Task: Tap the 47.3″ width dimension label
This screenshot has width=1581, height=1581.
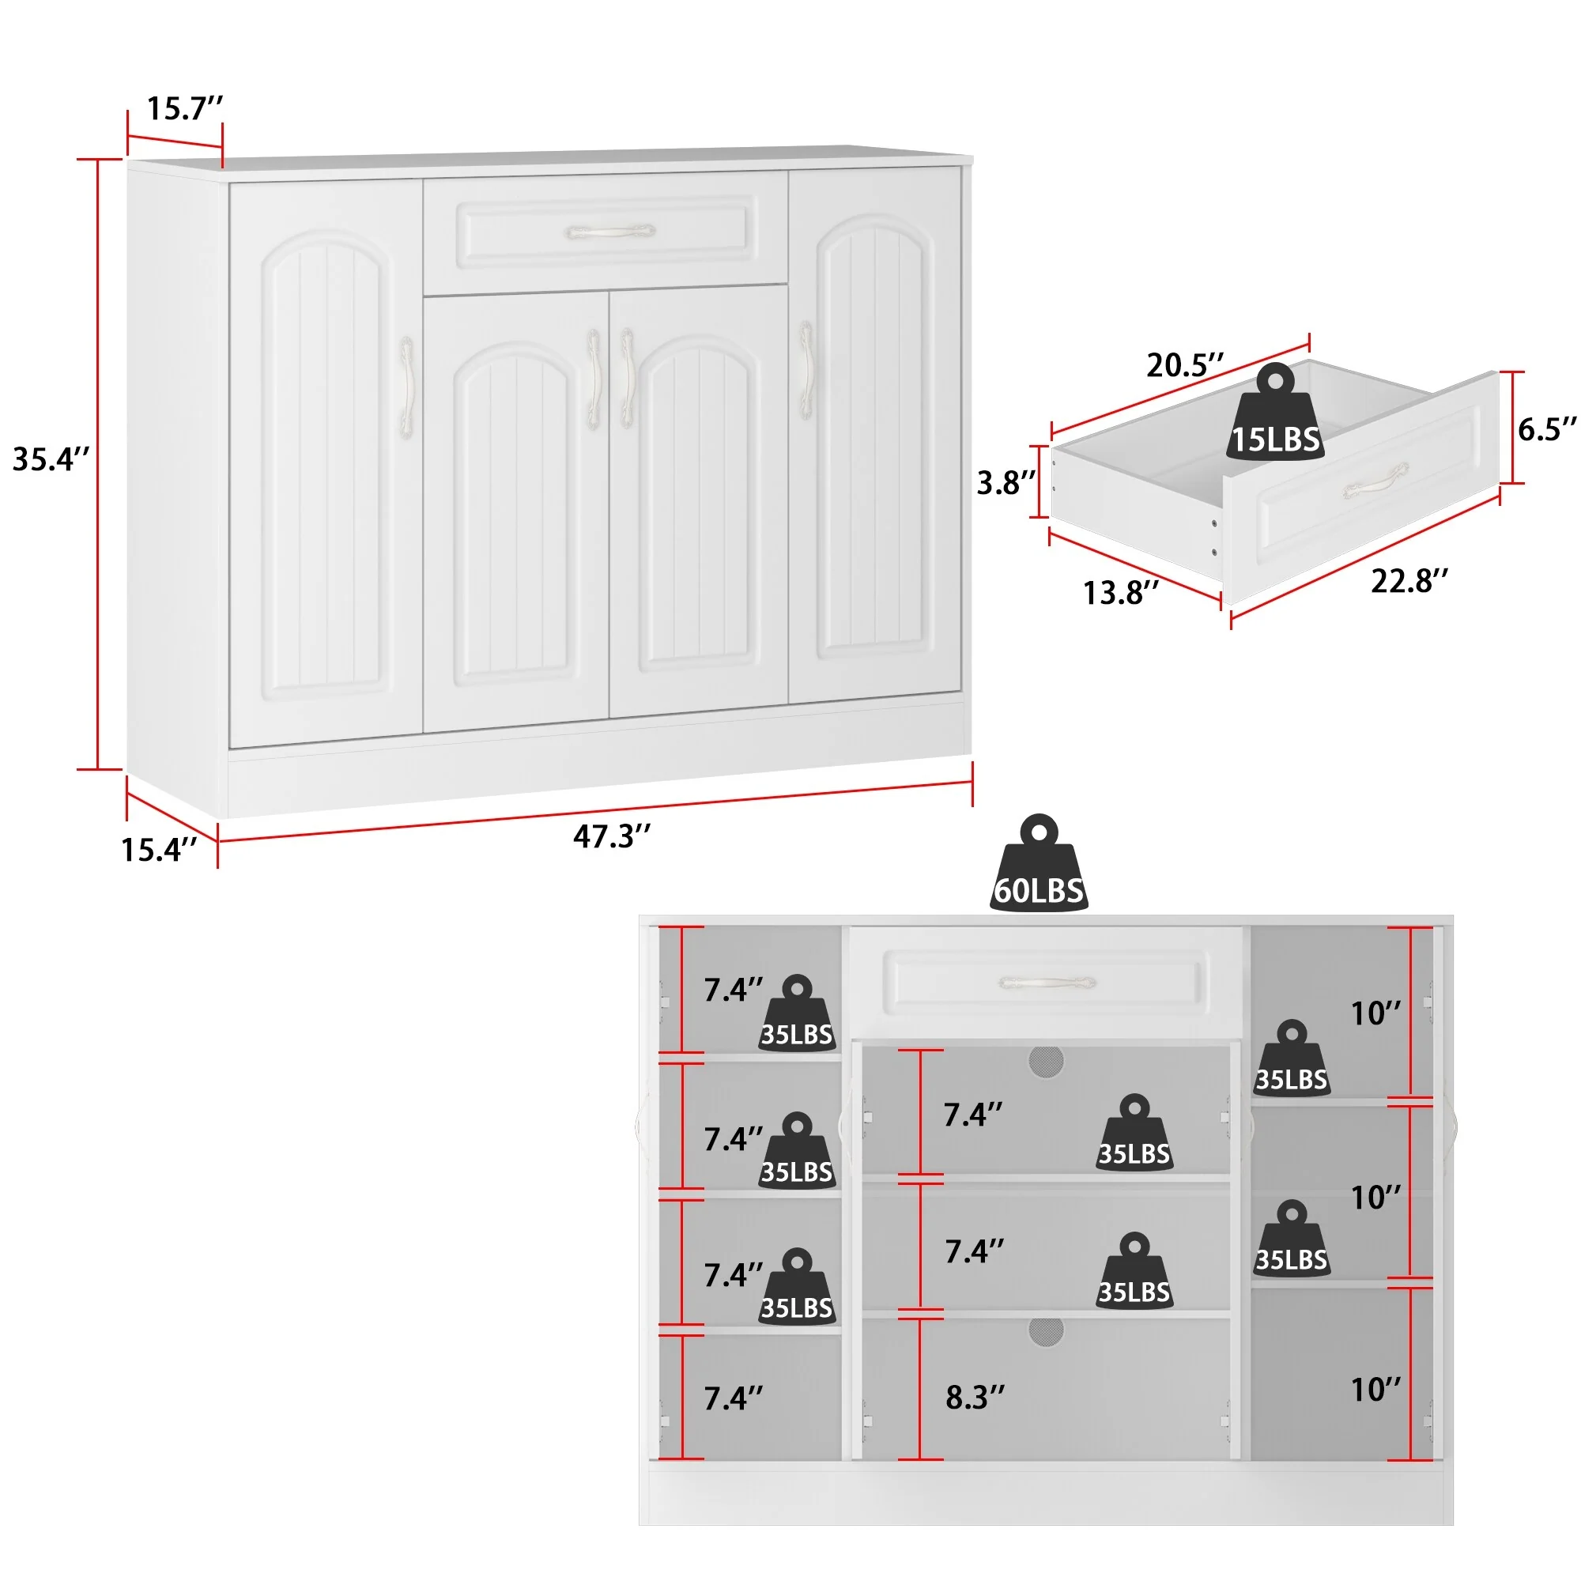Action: coord(612,836)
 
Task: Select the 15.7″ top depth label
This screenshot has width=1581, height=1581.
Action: coord(185,108)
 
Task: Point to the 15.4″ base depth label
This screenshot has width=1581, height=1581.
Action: coord(160,850)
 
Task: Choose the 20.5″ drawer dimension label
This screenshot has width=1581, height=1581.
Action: coord(1185,365)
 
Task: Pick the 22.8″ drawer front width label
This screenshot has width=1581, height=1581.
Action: coord(1410,581)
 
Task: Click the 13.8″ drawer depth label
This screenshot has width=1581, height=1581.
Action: coord(1121,592)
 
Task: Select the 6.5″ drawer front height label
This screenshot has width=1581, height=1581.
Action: coord(1548,428)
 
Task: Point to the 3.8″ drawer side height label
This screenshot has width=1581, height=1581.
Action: coord(1006,483)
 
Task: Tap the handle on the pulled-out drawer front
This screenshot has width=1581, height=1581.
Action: coord(1375,481)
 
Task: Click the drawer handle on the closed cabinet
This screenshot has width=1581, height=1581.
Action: coord(610,232)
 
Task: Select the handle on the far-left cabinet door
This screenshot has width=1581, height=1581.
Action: coord(405,389)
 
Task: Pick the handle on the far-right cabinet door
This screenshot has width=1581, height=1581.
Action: coord(806,373)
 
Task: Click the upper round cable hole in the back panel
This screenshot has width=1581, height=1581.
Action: coord(1046,1062)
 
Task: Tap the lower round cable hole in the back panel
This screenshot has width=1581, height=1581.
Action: coord(1046,1331)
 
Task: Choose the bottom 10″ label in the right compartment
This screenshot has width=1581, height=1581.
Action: coord(1375,1389)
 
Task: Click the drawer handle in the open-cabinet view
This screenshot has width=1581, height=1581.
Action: coord(1047,982)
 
